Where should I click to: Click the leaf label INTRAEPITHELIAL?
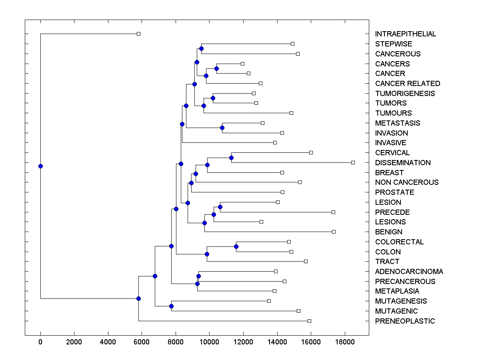click(x=405, y=34)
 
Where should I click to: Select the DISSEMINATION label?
click(x=403, y=163)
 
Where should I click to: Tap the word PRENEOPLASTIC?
click(x=405, y=321)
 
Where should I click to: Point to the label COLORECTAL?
click(x=399, y=242)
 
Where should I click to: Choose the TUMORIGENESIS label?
click(x=405, y=94)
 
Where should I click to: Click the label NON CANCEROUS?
click(x=407, y=182)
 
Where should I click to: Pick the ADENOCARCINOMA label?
click(x=409, y=272)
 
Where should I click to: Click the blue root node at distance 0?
click(x=40, y=166)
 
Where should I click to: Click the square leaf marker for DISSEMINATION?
click(x=353, y=162)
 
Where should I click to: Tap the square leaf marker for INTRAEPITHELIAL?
click(x=138, y=34)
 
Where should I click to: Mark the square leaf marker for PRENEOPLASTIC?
click(x=309, y=321)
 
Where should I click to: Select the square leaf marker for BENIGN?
click(x=334, y=232)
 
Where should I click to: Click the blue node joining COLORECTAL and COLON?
click(x=236, y=246)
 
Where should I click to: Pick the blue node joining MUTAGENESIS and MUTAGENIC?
click(x=171, y=306)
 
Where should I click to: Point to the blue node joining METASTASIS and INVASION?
click(x=222, y=128)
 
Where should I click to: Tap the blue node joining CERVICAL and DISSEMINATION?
click(x=231, y=158)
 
